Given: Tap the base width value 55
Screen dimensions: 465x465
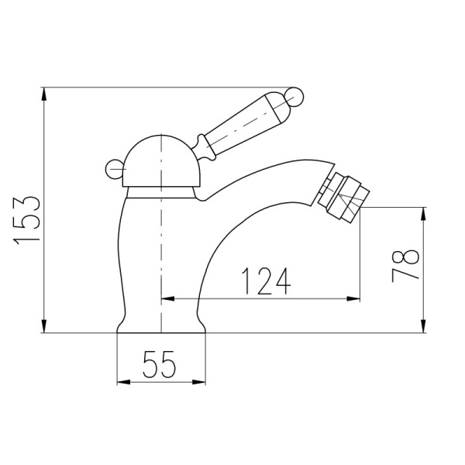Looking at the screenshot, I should [x=161, y=364].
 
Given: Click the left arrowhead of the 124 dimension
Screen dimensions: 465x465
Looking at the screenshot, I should [x=166, y=298].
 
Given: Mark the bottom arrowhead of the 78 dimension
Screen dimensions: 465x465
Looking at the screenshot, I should [x=423, y=328].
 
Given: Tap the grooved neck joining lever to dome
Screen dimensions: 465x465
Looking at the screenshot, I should [x=202, y=148].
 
